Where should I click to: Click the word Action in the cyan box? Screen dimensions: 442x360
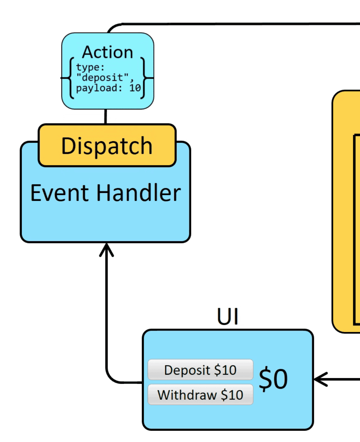click(108, 52)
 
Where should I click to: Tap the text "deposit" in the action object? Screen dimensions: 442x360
click(102, 78)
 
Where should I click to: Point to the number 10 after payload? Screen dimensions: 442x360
click(135, 88)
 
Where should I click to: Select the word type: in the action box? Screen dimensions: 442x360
click(90, 67)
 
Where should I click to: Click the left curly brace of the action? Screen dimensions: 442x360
click(70, 78)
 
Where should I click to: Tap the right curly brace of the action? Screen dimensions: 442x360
click(143, 78)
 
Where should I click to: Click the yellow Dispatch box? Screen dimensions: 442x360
click(107, 146)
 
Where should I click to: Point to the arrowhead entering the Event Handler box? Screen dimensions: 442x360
click(107, 249)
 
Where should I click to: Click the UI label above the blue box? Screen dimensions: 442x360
click(227, 316)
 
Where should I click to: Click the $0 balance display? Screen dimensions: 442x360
click(273, 379)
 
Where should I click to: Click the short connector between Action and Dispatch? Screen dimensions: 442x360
click(106, 116)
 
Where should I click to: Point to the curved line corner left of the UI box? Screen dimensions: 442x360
click(111, 378)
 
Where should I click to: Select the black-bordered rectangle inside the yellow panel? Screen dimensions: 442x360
click(356, 229)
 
